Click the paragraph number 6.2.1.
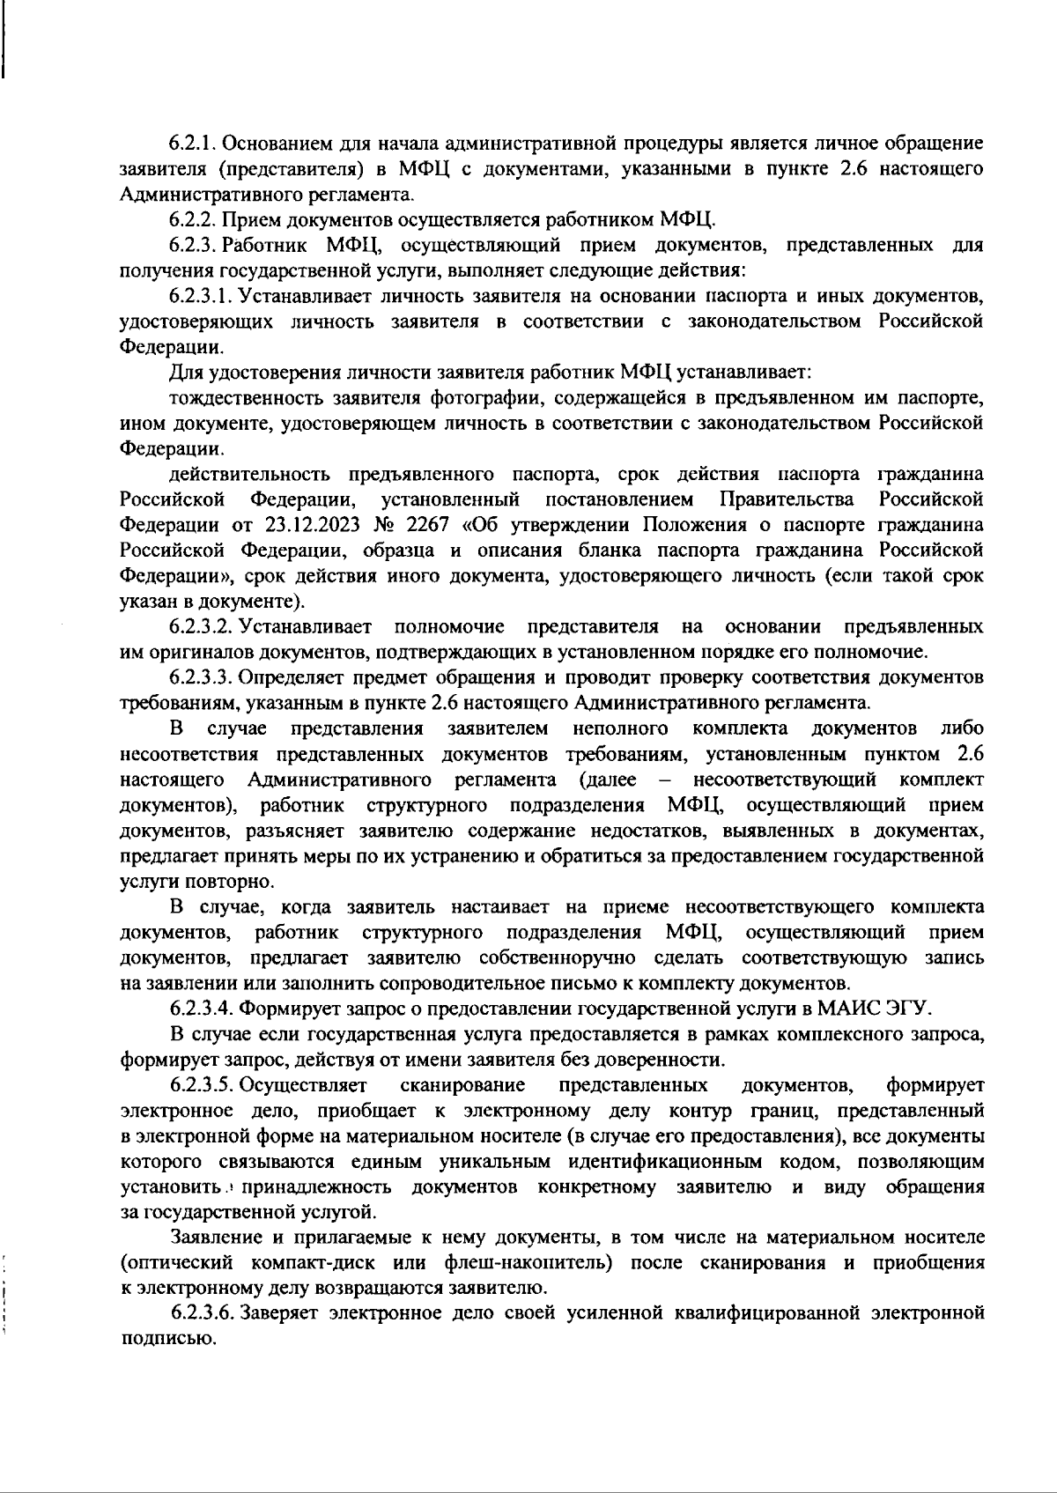click(193, 143)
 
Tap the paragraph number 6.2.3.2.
click(202, 627)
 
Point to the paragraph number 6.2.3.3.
click(202, 677)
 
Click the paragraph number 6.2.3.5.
click(202, 1084)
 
